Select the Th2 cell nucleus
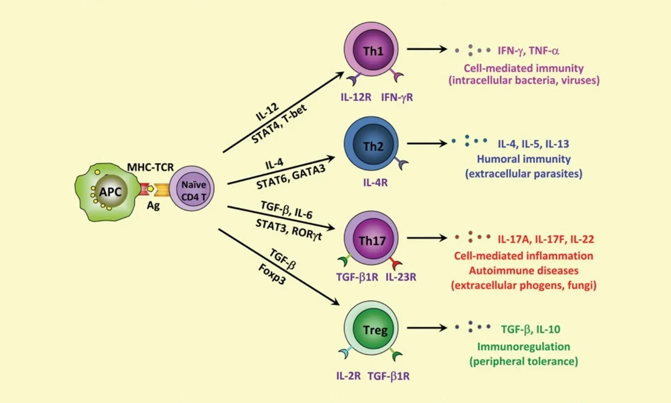(373, 145)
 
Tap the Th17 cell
(371, 239)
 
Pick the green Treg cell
(373, 329)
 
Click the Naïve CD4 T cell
(192, 189)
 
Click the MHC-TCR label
(150, 167)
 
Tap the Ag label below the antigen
(153, 205)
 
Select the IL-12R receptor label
(356, 97)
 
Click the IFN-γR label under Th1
(397, 97)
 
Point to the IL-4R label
(375, 183)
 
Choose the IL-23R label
(401, 277)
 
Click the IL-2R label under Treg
(348, 376)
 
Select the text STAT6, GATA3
(291, 177)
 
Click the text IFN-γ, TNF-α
(528, 51)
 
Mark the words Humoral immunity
(523, 159)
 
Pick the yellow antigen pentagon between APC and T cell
(151, 189)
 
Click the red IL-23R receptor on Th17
(397, 264)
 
